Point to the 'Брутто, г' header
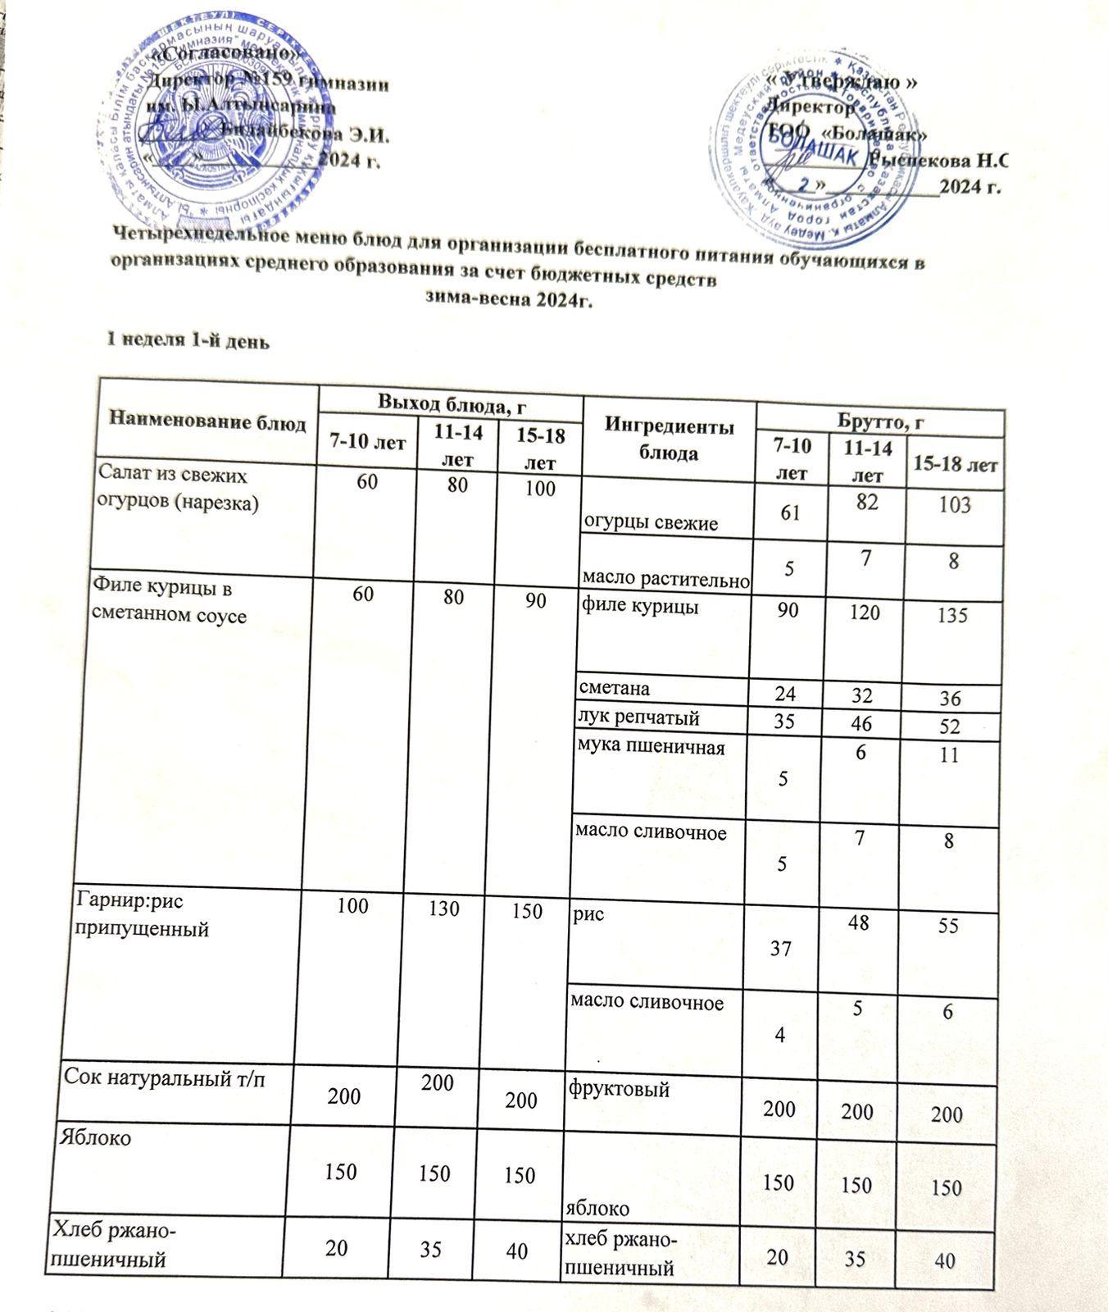880,421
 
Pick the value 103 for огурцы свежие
955,505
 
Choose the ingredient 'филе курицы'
639,608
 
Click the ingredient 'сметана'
615,686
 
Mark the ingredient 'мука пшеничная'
652,747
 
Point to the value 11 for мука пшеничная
949,754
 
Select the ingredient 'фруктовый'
619,1090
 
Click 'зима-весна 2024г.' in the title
508,301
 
